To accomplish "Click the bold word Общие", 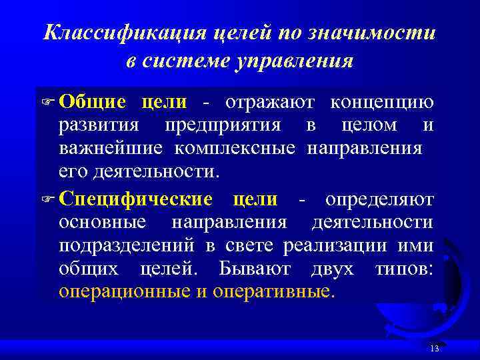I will [92, 103].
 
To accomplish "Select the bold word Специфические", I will [135, 199].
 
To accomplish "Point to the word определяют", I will [379, 199].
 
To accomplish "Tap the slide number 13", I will [435, 350].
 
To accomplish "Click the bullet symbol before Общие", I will [51, 103].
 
